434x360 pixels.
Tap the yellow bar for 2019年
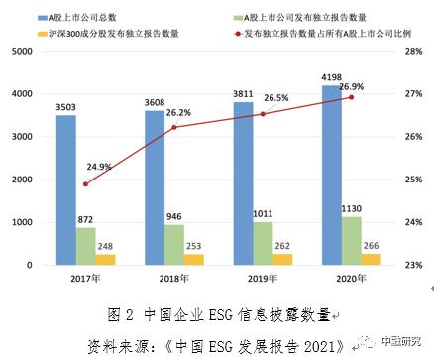[x=283, y=259]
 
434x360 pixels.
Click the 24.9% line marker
[x=85, y=183]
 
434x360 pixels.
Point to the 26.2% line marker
[x=174, y=127]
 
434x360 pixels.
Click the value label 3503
[x=65, y=107]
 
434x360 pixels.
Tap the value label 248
[x=105, y=245]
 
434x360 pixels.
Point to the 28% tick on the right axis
[x=413, y=51]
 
